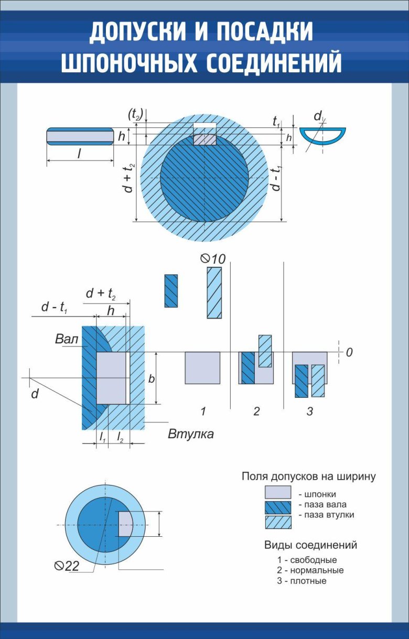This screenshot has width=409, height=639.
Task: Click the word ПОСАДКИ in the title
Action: (265, 33)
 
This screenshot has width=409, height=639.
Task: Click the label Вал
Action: (67, 339)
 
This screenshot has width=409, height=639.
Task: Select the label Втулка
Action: (191, 434)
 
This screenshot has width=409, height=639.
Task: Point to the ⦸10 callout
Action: (212, 258)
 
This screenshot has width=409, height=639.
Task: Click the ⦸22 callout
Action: (67, 565)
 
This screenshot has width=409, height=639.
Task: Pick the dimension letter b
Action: (152, 378)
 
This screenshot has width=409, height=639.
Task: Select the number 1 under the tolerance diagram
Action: (203, 411)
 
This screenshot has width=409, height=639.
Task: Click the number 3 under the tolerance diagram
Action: (309, 411)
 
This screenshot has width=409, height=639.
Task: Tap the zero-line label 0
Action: (349, 353)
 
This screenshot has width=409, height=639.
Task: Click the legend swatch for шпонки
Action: (277, 493)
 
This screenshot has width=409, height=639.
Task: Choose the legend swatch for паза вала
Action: (277, 507)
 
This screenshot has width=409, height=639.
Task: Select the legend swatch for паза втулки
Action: (277, 522)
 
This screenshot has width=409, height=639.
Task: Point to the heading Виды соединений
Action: (310, 545)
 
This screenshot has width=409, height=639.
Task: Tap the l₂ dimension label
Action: (120, 437)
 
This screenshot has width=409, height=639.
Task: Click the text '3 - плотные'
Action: (302, 581)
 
